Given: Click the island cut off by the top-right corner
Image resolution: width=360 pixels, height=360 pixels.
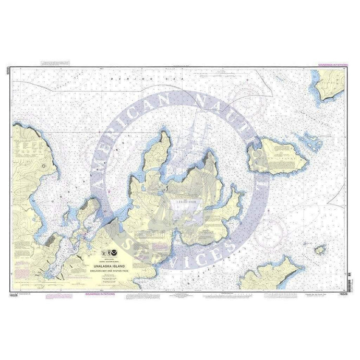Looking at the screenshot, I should [x=334, y=83].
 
